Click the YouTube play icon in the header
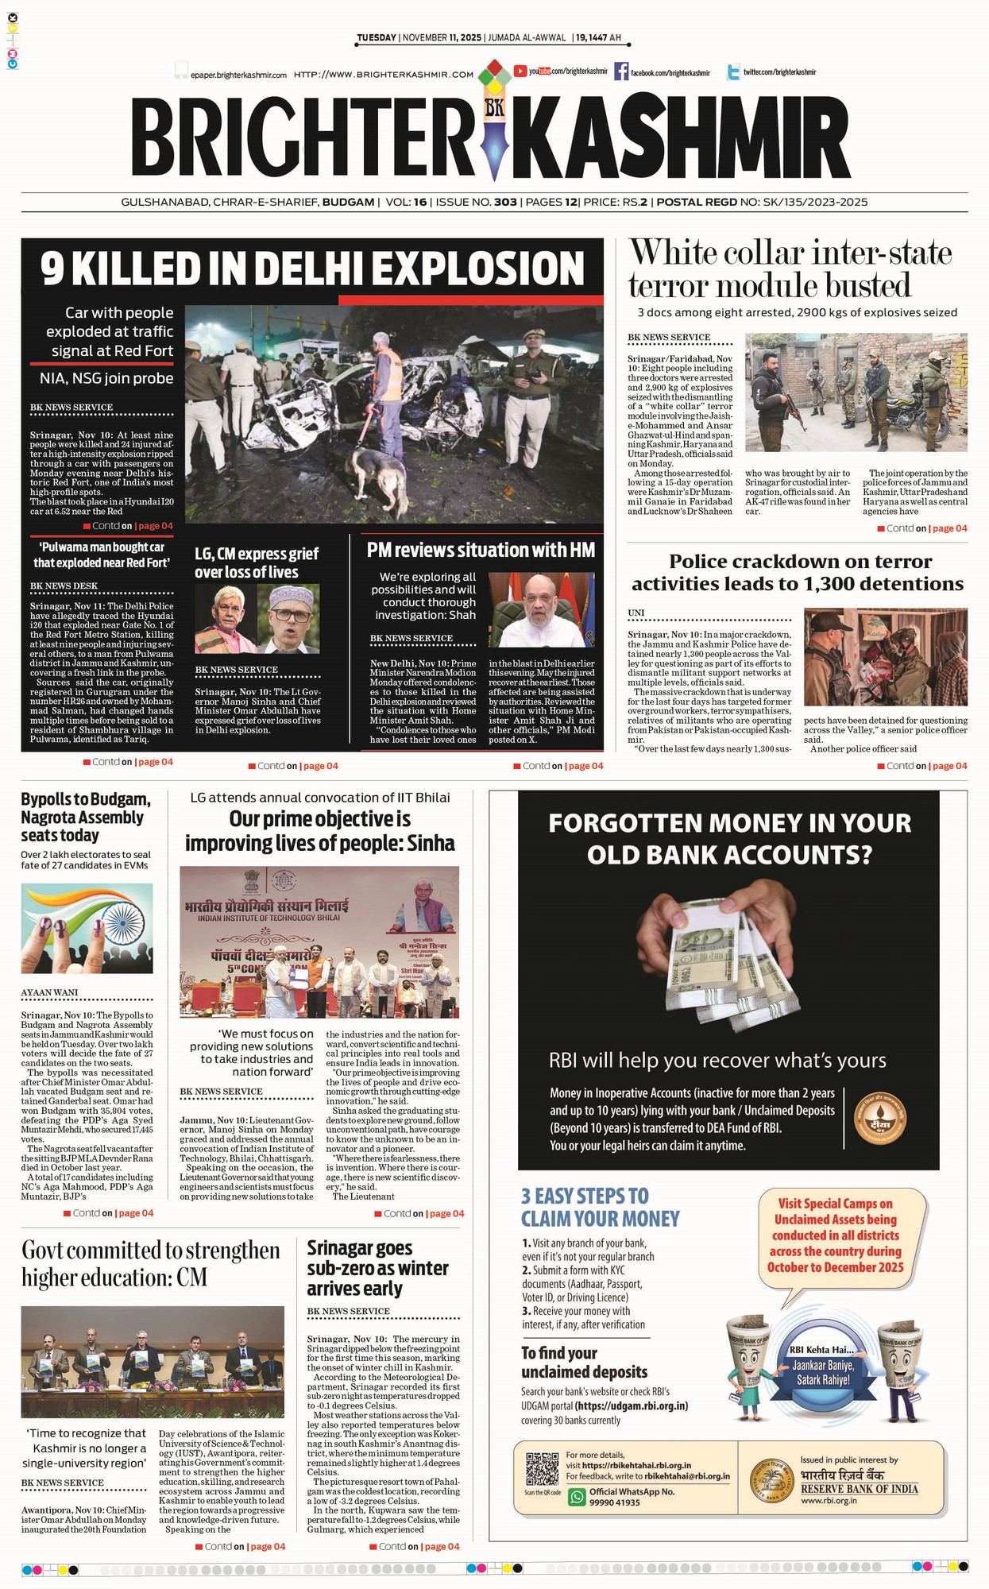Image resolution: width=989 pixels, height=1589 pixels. [520, 72]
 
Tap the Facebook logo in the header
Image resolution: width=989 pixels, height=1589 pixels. [621, 72]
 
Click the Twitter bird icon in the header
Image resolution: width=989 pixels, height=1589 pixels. [733, 72]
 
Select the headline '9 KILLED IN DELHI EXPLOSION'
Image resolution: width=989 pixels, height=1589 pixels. [312, 268]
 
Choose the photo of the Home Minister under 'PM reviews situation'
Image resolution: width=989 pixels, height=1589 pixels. [541, 609]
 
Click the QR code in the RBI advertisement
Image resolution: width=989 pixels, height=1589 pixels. [542, 1468]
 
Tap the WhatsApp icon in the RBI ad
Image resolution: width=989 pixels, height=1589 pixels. [578, 1497]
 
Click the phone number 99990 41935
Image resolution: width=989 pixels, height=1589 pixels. [615, 1502]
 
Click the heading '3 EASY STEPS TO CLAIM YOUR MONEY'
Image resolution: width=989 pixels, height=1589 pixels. [600, 1207]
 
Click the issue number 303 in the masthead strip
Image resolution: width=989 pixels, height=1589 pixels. [505, 202]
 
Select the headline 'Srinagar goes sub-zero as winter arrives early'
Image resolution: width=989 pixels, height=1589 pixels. [377, 1268]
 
